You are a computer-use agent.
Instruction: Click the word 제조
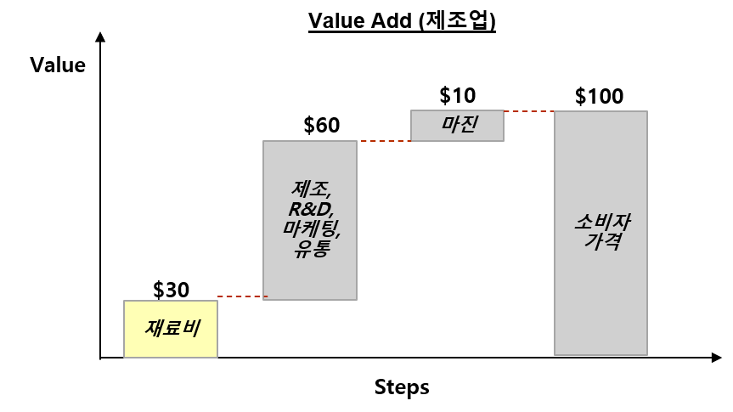(309, 189)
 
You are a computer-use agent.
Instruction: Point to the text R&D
(311, 209)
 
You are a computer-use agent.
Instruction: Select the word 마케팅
(311, 229)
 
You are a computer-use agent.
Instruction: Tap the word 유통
(311, 249)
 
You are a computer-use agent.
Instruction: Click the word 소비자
(601, 223)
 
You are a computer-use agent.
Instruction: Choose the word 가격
(601, 241)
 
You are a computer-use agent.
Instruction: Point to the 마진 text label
(459, 125)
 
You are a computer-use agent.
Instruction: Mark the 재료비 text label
(172, 328)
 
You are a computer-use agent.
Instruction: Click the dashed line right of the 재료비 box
(242, 296)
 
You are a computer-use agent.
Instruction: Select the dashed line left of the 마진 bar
(385, 141)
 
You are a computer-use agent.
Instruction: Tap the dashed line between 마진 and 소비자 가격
(528, 111)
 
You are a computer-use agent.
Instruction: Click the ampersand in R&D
(311, 209)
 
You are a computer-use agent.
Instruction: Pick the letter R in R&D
(296, 209)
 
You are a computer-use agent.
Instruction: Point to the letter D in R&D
(325, 209)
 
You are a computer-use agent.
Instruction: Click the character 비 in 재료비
(190, 328)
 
